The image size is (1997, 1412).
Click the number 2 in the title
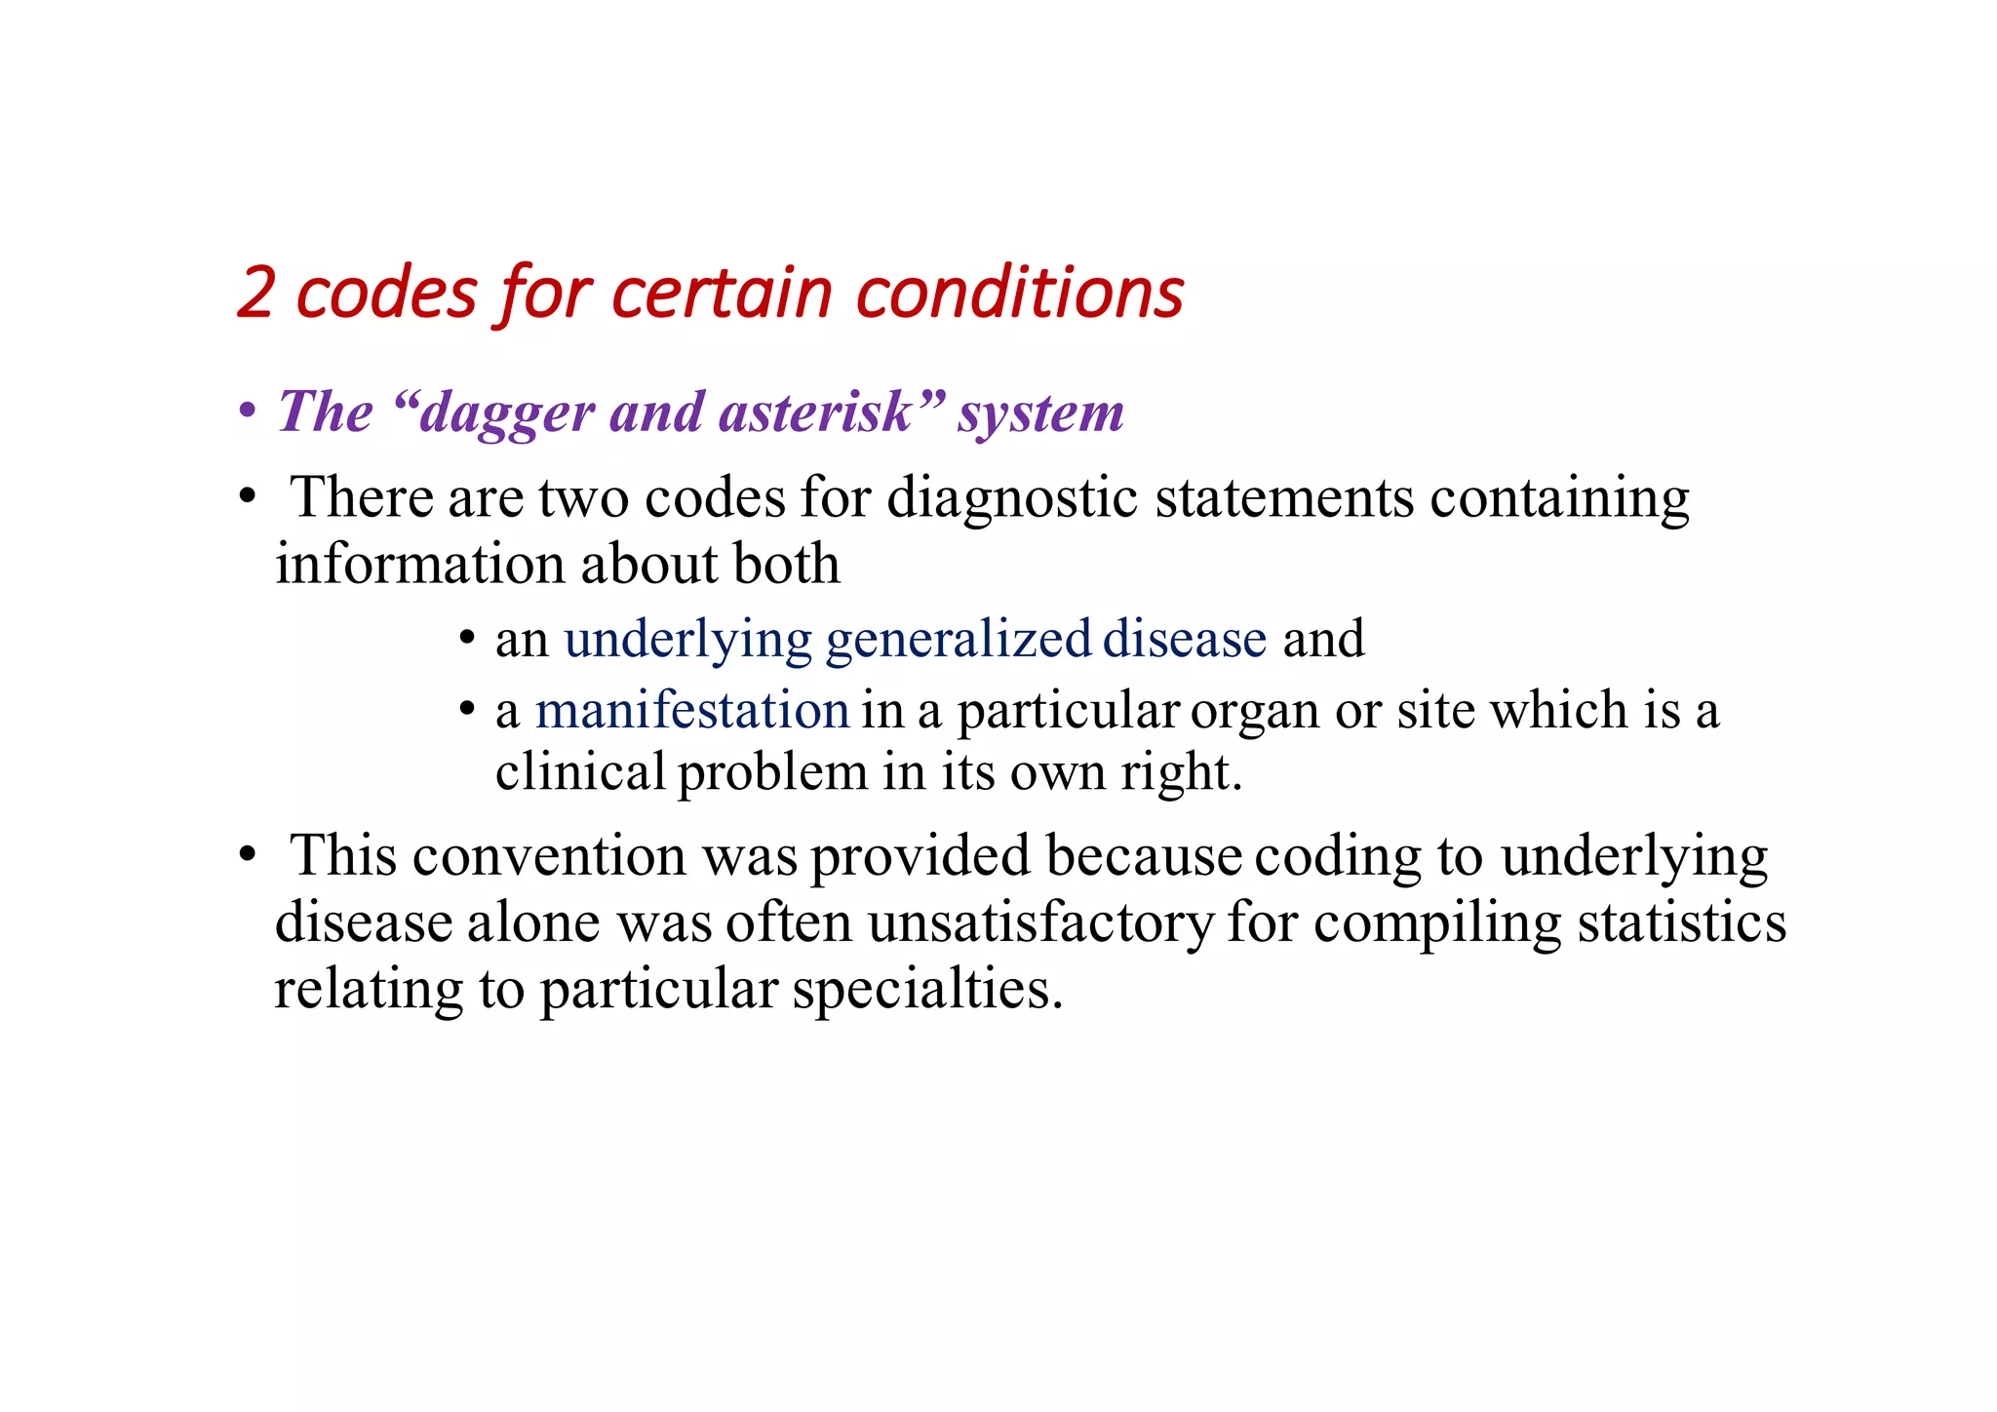coord(255,294)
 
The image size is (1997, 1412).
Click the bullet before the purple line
coord(248,412)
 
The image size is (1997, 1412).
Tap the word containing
coord(1559,498)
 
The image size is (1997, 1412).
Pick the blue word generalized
coord(958,641)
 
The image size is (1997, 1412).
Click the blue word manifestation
coord(692,711)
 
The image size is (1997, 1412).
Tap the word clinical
coord(580,772)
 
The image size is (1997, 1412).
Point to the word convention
coord(549,856)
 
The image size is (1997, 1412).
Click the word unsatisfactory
coord(1040,922)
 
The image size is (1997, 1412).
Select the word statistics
coord(1681,922)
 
